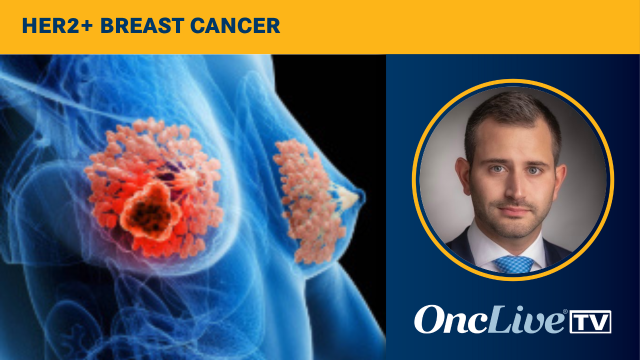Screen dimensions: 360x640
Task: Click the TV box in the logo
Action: tap(590, 322)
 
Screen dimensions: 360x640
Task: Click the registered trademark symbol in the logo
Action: tap(565, 311)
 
